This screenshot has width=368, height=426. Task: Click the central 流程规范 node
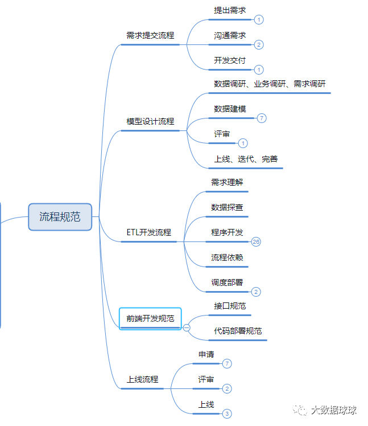[x=60, y=216]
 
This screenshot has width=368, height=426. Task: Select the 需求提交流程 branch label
[x=150, y=35]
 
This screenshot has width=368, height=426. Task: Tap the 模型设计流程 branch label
[x=150, y=121]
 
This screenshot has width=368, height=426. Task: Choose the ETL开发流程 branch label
[x=148, y=232]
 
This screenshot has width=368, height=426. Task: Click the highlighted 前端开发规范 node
[x=150, y=318]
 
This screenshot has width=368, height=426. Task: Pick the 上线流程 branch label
[x=142, y=379]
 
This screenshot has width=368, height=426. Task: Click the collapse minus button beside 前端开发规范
[x=187, y=327]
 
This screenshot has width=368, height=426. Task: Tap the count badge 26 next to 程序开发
[x=256, y=241]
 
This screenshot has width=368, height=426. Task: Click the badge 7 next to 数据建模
[x=261, y=118]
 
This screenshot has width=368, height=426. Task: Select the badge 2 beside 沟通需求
[x=259, y=44]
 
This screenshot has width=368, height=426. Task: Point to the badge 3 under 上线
[x=227, y=414]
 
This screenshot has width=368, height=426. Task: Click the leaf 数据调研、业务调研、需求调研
[x=270, y=84]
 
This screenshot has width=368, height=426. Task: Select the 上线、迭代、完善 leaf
[x=246, y=159]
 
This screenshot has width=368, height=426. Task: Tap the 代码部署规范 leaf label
[x=238, y=331]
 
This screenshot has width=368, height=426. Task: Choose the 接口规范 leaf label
[x=230, y=306]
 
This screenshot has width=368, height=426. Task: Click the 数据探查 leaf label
[x=227, y=207]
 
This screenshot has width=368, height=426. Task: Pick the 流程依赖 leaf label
[x=227, y=257]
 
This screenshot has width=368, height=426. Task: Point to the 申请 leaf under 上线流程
[x=206, y=354]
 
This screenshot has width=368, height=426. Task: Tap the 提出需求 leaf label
[x=230, y=11]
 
